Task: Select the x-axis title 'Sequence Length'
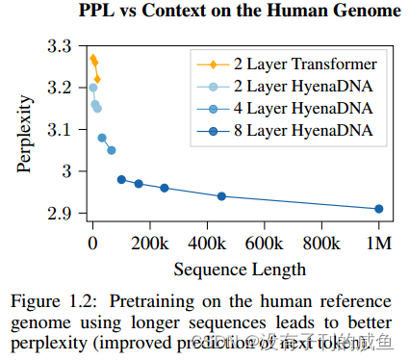pyautogui.click(x=226, y=268)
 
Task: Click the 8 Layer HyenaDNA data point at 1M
pyautogui.click(x=378, y=209)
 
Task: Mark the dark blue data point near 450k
pyautogui.click(x=221, y=196)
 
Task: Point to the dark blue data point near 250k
pyautogui.click(x=165, y=188)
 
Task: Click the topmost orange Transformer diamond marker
pyautogui.click(x=92, y=58)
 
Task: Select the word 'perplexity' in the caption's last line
pyautogui.click(x=54, y=340)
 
